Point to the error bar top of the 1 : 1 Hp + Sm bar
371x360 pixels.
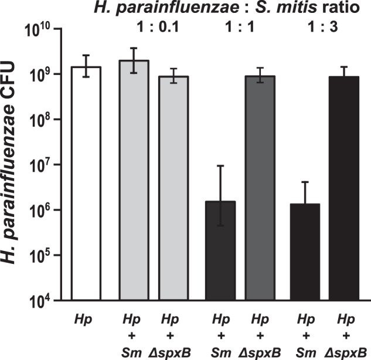point(219,165)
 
